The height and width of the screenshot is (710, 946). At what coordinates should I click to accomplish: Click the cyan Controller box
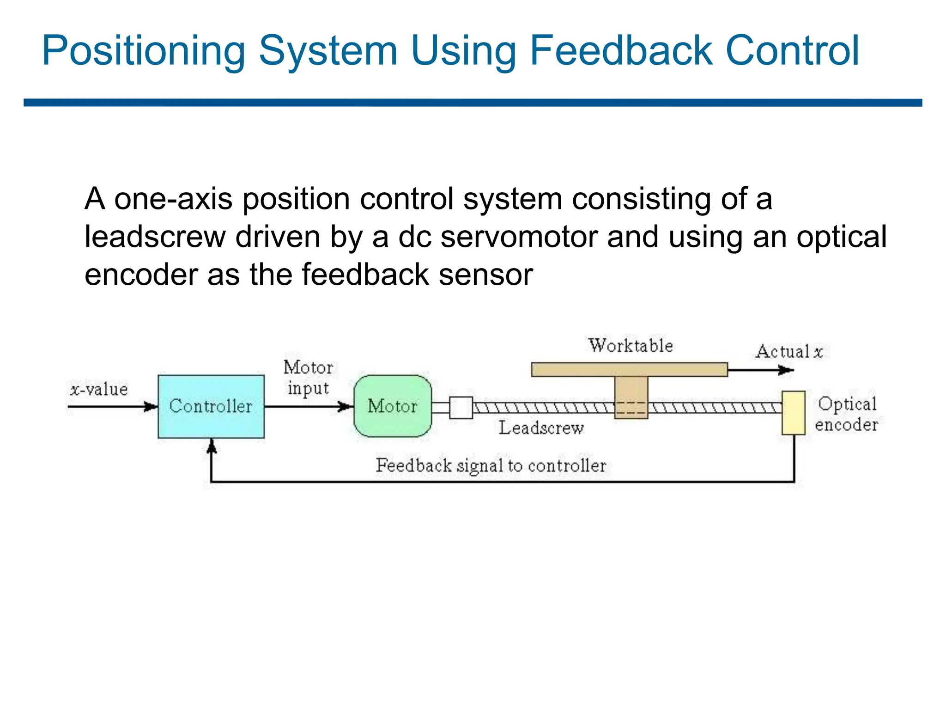pyautogui.click(x=211, y=406)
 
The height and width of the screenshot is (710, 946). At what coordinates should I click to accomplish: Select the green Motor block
pyautogui.click(x=393, y=406)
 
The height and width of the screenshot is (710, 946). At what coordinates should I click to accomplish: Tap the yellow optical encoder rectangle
pyautogui.click(x=793, y=413)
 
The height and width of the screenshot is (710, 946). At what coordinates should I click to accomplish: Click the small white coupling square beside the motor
pyautogui.click(x=461, y=408)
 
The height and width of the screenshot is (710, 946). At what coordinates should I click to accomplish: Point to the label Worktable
pyautogui.click(x=631, y=346)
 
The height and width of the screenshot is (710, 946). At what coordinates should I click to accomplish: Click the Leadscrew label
pyautogui.click(x=541, y=428)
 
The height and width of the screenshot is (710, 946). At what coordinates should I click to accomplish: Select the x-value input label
pyautogui.click(x=99, y=389)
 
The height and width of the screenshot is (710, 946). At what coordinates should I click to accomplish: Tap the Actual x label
pyautogui.click(x=789, y=352)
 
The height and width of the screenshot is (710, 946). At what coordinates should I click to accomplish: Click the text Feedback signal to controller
pyautogui.click(x=491, y=465)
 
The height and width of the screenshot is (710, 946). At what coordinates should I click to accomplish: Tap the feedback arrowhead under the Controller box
pyautogui.click(x=212, y=446)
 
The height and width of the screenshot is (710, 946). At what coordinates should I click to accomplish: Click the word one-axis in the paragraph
pyautogui.click(x=173, y=199)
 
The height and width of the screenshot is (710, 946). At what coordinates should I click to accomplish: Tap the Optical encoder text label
pyautogui.click(x=846, y=414)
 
